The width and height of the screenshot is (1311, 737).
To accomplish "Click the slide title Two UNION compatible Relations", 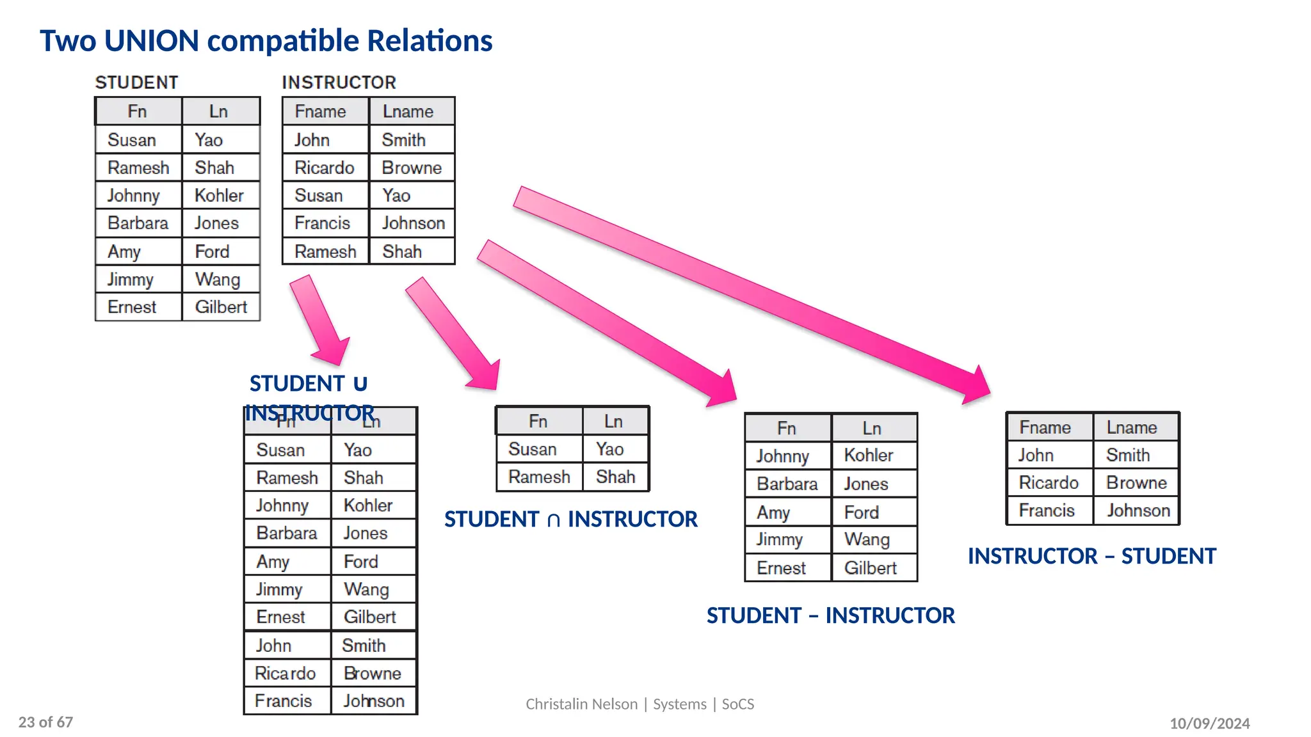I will click(x=266, y=40).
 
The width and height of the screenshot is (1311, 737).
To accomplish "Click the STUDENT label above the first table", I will click(x=136, y=83).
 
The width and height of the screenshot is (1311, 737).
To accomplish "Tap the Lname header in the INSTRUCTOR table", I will click(x=408, y=111).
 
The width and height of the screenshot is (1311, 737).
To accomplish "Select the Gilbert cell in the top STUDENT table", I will click(x=221, y=307).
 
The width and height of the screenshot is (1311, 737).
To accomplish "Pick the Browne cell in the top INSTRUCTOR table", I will click(x=412, y=168).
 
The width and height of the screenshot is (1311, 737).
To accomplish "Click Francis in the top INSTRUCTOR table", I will click(x=322, y=223).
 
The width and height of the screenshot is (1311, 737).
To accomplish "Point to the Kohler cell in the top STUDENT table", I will click(x=219, y=195).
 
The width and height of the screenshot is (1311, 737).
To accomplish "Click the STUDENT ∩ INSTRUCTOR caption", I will click(x=570, y=519).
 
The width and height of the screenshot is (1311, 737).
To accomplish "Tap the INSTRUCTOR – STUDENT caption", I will click(x=1091, y=556).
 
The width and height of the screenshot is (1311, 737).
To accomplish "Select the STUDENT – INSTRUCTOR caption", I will click(x=830, y=615).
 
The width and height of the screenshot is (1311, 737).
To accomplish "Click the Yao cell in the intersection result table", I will click(x=609, y=449).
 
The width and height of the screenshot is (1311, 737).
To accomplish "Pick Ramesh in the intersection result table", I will click(x=539, y=477).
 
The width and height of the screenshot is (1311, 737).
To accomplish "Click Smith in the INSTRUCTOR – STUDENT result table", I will click(x=1127, y=455).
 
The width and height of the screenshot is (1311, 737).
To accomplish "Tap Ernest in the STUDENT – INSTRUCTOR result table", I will click(x=781, y=568).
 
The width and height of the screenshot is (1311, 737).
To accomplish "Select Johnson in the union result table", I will click(x=374, y=701).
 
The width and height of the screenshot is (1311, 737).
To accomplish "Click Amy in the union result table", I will click(x=273, y=562).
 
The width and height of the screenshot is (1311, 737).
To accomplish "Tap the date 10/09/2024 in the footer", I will click(x=1209, y=724).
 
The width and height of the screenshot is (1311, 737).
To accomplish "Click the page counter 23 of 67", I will click(x=45, y=722).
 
